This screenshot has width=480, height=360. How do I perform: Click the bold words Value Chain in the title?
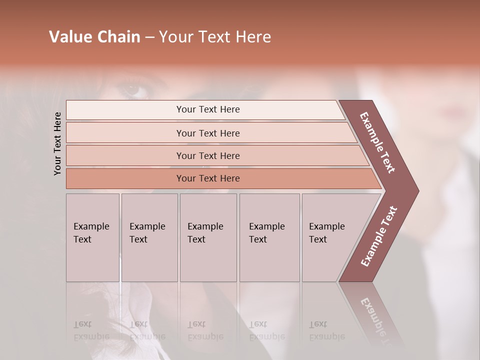click(94, 37)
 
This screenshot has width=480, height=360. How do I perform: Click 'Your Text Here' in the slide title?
click(215, 37)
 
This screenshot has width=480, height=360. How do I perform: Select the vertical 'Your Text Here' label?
click(57, 143)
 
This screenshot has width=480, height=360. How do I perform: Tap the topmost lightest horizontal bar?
click(208, 109)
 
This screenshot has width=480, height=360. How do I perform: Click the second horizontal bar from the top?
click(208, 133)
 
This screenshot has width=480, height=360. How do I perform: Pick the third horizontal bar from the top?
click(208, 155)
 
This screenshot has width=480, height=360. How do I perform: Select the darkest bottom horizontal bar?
click(208, 178)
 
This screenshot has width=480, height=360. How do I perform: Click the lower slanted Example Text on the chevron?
click(379, 236)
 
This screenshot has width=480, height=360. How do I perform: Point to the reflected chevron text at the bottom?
click(375, 320)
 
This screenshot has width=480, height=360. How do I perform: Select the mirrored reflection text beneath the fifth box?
click(326, 331)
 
